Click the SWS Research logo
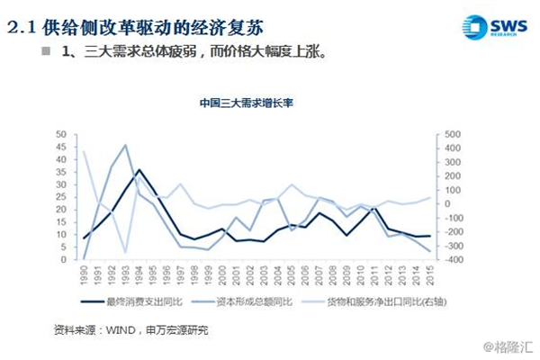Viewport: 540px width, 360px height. click(493, 26)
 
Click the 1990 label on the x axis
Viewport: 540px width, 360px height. click(84, 274)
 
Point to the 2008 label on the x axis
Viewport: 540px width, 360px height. click(331, 274)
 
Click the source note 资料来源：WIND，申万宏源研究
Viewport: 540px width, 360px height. click(131, 330)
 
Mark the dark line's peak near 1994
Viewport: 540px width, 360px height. click(138, 169)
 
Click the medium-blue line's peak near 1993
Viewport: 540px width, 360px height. click(125, 145)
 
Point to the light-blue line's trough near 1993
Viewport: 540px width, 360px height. click(125, 253)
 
